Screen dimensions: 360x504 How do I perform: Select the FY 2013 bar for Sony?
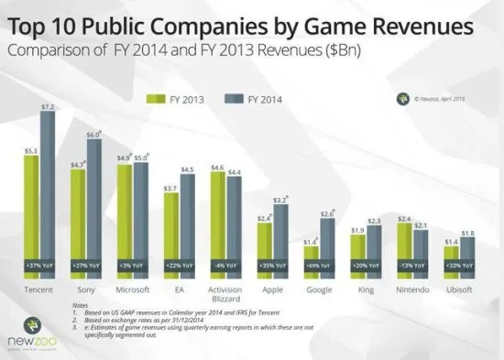point(79,220)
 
